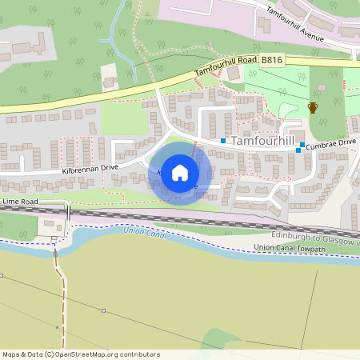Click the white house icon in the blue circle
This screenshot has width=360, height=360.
[180, 172]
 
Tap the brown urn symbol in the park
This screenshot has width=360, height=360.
[313, 108]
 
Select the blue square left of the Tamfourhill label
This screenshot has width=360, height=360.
[223, 141]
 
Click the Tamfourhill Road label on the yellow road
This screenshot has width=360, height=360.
[227, 67]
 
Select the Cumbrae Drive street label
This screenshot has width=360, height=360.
[330, 142]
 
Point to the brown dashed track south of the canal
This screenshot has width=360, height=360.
[61, 296]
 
